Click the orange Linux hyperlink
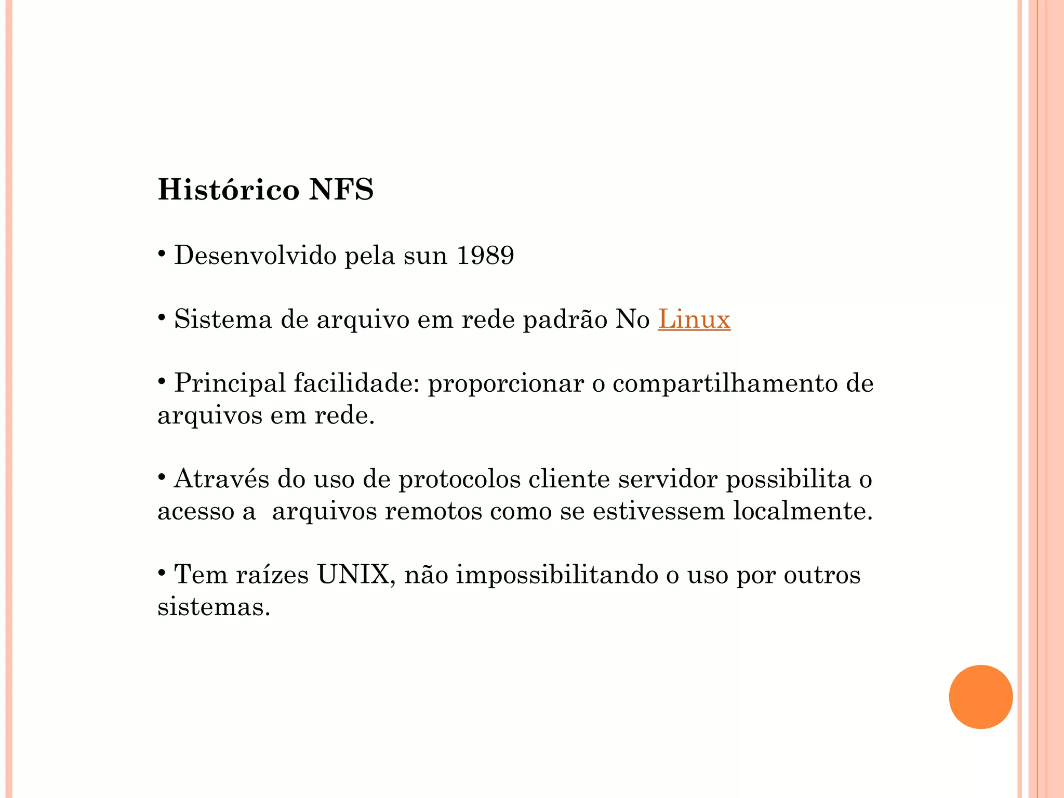(x=694, y=319)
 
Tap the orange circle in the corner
(x=980, y=697)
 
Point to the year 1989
(x=485, y=255)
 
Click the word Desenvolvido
(x=255, y=255)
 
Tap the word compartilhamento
(x=725, y=383)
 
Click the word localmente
(x=803, y=511)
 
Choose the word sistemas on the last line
(x=214, y=607)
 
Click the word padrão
(x=565, y=319)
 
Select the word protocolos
(x=459, y=479)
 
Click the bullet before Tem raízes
(x=162, y=573)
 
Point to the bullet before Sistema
(x=162, y=317)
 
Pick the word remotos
(x=433, y=511)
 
